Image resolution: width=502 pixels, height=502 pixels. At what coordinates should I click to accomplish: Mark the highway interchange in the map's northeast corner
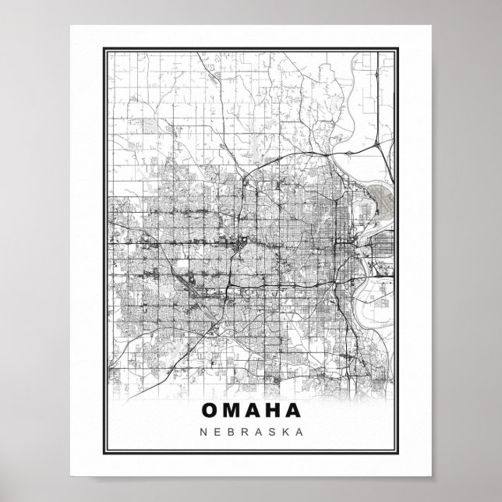pos(376,144)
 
